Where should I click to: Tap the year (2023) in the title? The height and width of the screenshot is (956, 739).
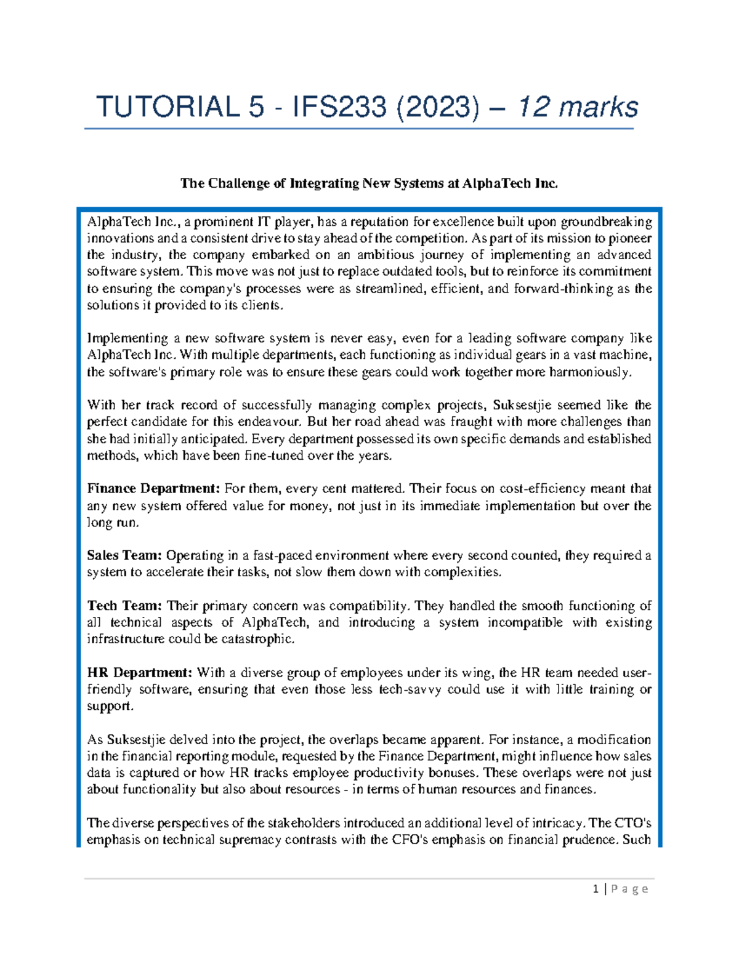click(437, 107)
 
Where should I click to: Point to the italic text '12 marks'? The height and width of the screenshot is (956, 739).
click(577, 107)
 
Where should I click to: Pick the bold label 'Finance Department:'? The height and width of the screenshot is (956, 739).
click(153, 489)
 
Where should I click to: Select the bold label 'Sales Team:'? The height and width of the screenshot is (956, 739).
click(124, 555)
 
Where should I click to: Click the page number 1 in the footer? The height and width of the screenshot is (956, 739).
click(596, 889)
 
